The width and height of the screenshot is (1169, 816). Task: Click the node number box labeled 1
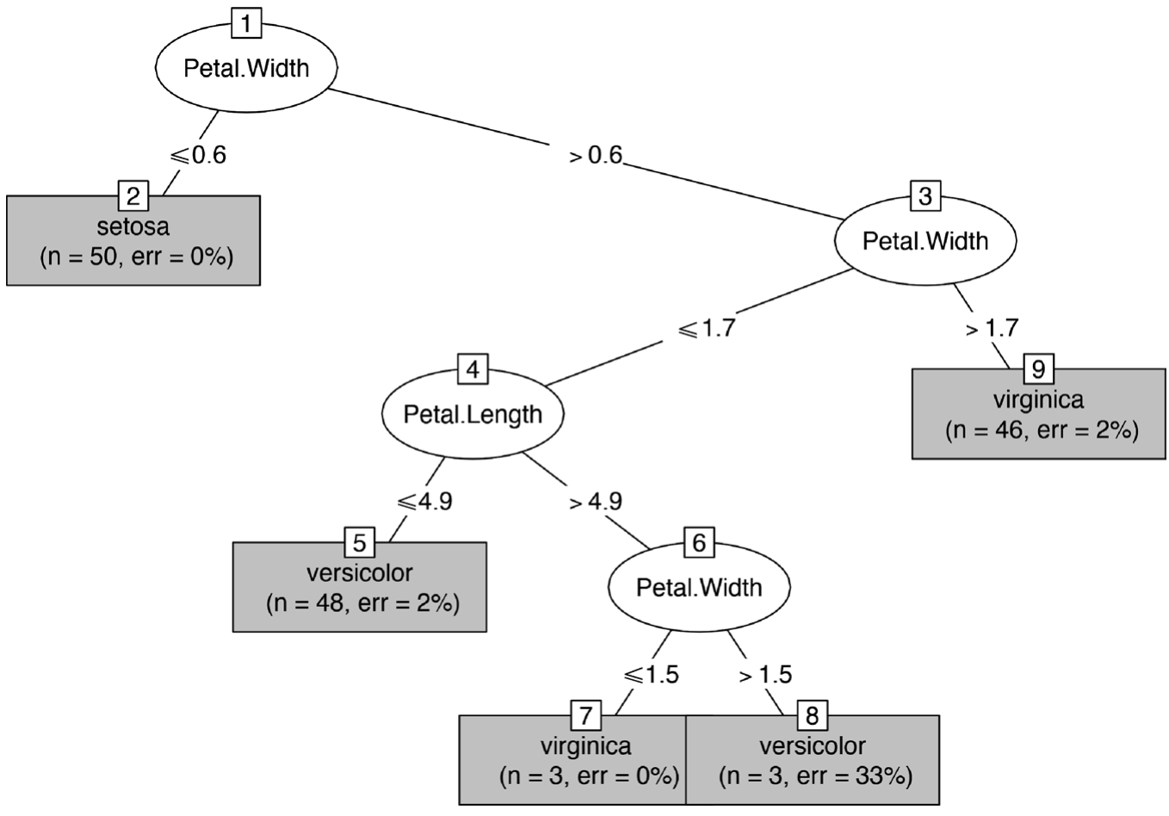pyautogui.click(x=246, y=23)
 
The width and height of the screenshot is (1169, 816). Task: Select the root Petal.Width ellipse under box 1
pyautogui.click(x=246, y=69)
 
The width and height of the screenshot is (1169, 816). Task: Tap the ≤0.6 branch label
pyautogui.click(x=198, y=155)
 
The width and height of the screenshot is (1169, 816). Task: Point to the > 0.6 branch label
pyautogui.click(x=595, y=156)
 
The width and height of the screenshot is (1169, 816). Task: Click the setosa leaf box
pyautogui.click(x=133, y=242)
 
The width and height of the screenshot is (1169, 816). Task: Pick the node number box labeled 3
pyautogui.click(x=925, y=196)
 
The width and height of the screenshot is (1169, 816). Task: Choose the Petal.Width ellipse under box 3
pyautogui.click(x=925, y=241)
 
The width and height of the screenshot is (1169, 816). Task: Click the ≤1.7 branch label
pyautogui.click(x=707, y=328)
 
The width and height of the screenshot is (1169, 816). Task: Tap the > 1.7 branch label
pyautogui.click(x=992, y=328)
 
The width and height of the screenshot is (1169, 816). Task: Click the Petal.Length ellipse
pyautogui.click(x=473, y=414)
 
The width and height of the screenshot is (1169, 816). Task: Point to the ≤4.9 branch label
pyautogui.click(x=424, y=501)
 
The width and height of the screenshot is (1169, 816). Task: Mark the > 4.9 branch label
pyautogui.click(x=596, y=501)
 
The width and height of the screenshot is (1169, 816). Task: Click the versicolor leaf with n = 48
pyautogui.click(x=360, y=588)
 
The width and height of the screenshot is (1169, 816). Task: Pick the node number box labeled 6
pyautogui.click(x=699, y=542)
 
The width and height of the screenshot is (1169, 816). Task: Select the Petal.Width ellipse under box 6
pyautogui.click(x=699, y=587)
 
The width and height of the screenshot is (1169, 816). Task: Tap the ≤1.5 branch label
pyautogui.click(x=651, y=674)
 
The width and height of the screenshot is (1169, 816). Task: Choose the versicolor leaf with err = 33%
pyautogui.click(x=813, y=761)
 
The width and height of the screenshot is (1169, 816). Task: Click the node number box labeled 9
pyautogui.click(x=1038, y=369)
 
